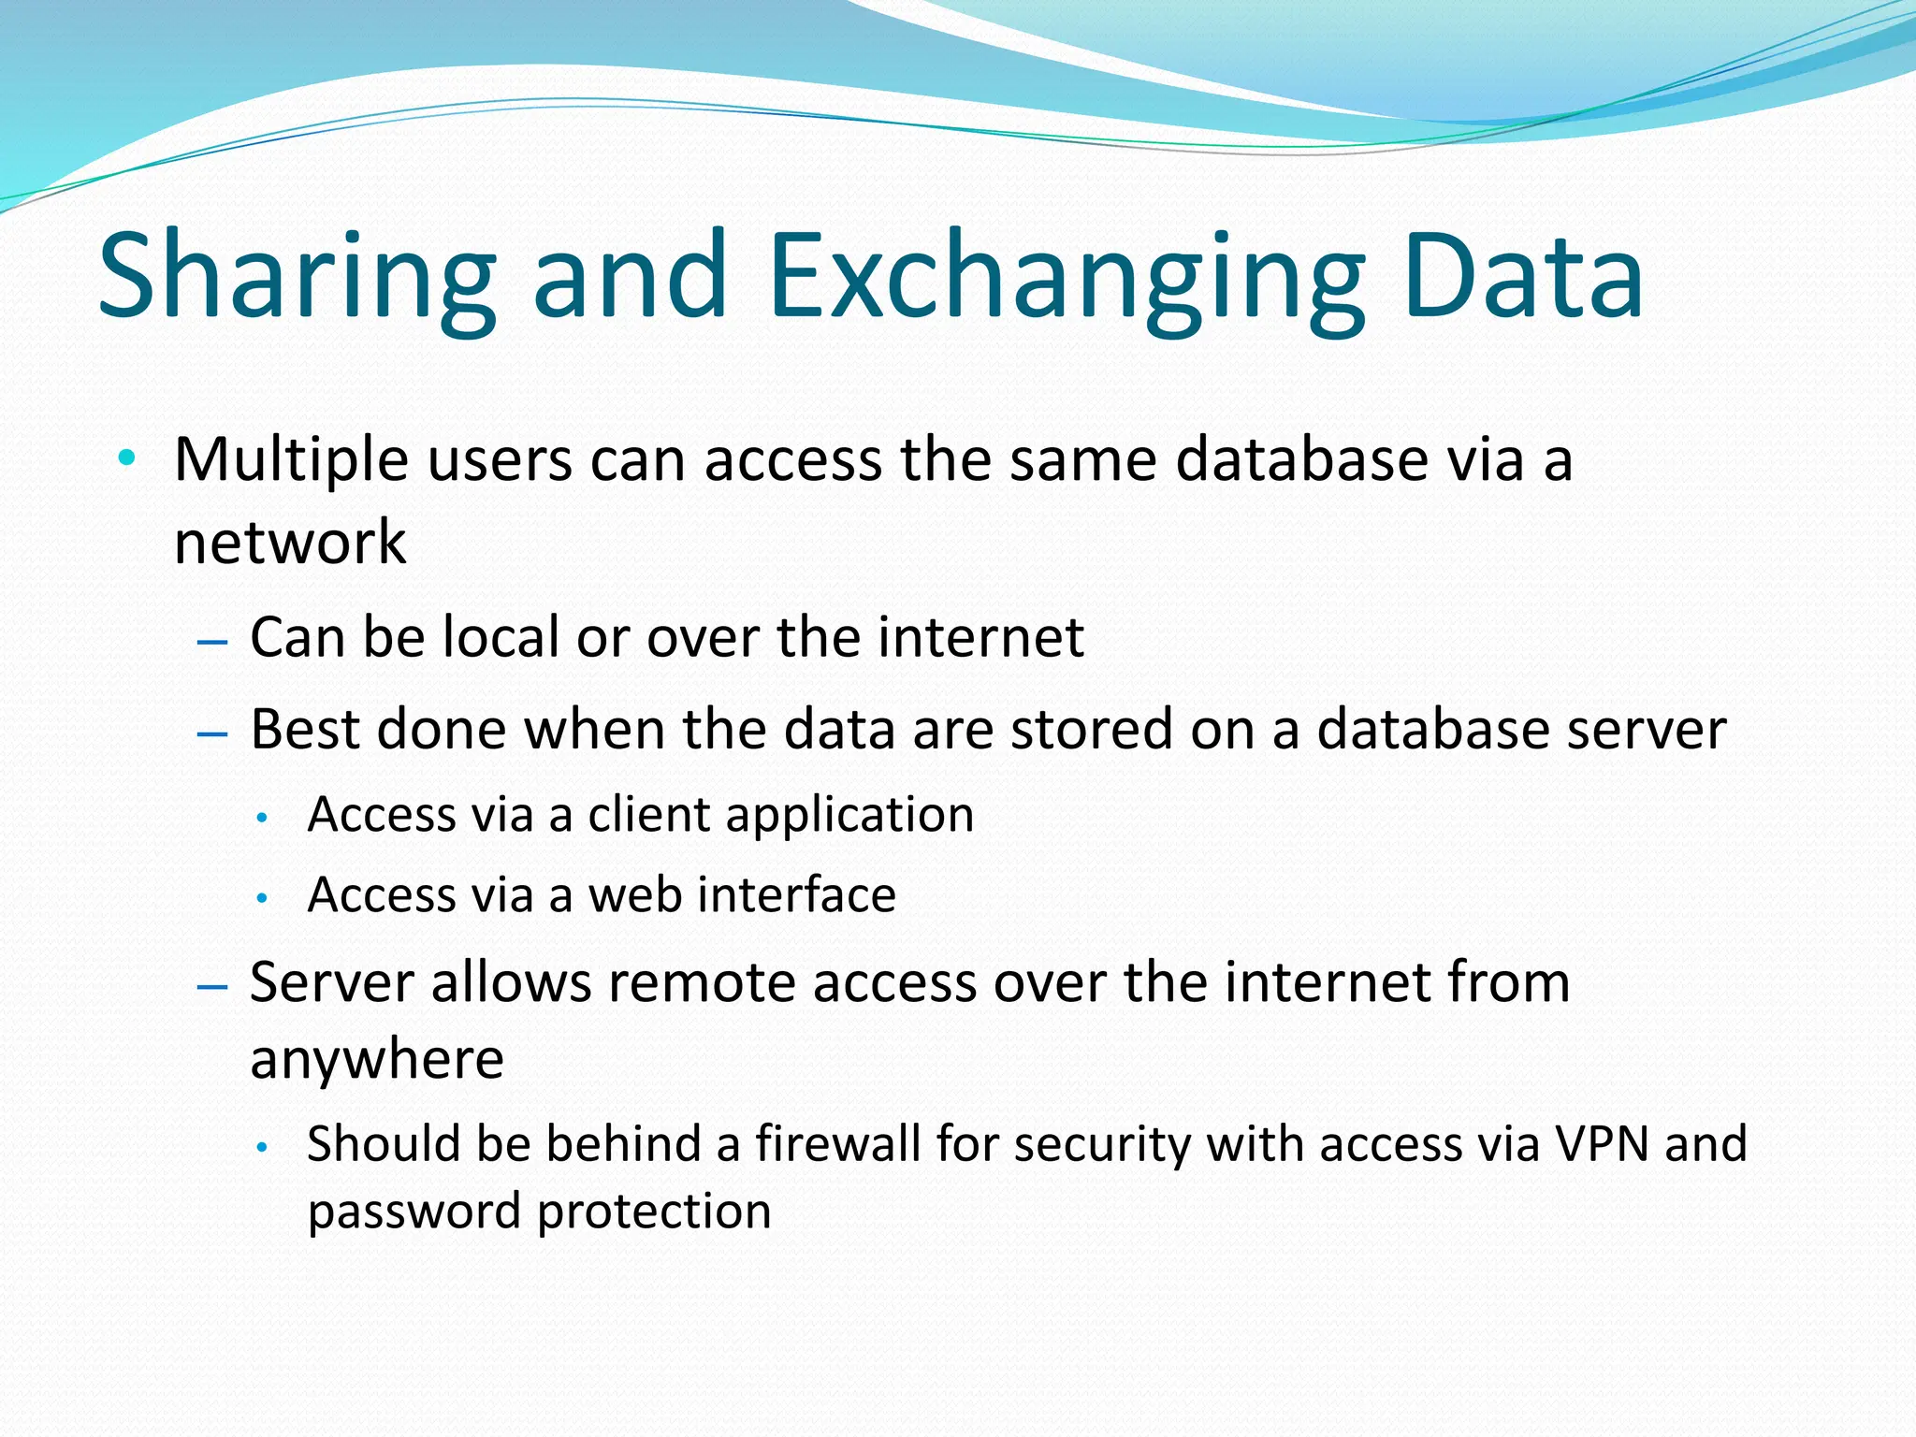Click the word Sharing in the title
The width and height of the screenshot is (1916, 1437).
pyautogui.click(x=298, y=277)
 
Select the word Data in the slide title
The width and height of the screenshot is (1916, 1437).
pyautogui.click(x=1522, y=277)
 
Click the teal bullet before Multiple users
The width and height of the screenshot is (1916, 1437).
pyautogui.click(x=127, y=458)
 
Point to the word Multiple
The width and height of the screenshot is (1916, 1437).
pyautogui.click(x=291, y=460)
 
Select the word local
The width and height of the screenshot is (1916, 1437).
pyautogui.click(x=501, y=637)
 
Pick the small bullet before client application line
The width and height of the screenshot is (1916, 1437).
pyautogui.click(x=264, y=819)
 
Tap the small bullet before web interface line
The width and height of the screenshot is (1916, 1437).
pyautogui.click(x=264, y=899)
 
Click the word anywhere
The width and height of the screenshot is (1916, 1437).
pyautogui.click(x=377, y=1060)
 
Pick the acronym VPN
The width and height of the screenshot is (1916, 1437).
pyautogui.click(x=1602, y=1143)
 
